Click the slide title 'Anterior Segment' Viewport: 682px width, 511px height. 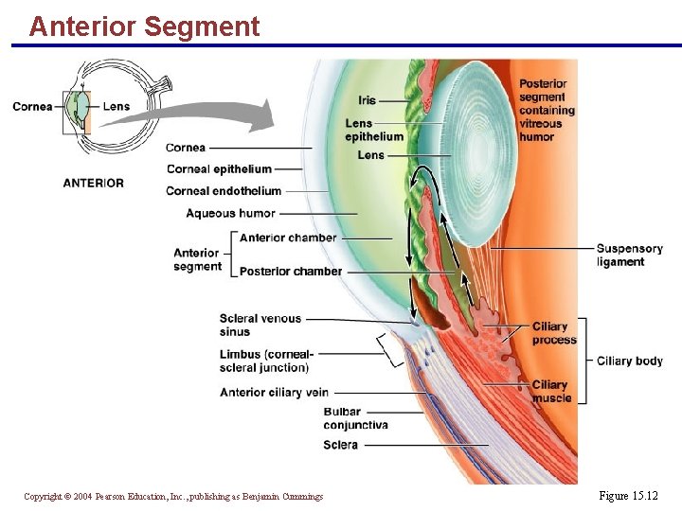(144, 26)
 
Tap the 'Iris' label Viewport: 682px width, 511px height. (367, 100)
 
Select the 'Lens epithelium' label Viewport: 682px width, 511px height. (373, 130)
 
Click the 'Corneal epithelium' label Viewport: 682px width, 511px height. (219, 169)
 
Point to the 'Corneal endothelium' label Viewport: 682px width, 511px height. (224, 191)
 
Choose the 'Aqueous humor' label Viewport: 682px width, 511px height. (230, 214)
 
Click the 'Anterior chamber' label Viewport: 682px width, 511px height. (288, 238)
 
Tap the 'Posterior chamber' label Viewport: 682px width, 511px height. (291, 272)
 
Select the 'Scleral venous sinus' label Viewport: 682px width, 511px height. (260, 326)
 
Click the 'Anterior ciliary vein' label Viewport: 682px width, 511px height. (274, 393)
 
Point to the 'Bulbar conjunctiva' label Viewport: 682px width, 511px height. (355, 418)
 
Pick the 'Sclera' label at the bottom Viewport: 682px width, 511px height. (340, 445)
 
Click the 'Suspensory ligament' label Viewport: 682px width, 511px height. (629, 255)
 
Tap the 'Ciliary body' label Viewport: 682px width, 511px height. (629, 361)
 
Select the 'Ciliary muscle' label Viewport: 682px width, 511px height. (551, 391)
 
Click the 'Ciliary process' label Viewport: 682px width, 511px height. (554, 333)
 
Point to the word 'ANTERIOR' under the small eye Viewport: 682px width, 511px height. (93, 183)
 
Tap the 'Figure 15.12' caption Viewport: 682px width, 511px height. (628, 496)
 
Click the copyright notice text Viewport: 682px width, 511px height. (173, 497)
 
